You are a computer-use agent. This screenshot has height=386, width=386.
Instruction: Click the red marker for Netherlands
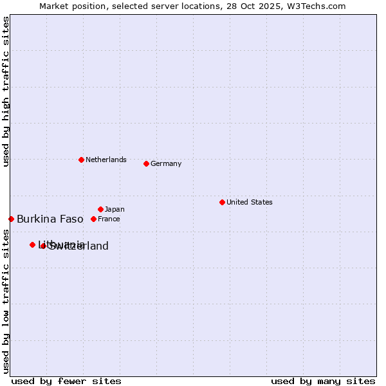tap(81, 160)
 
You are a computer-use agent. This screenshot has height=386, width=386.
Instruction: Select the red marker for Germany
tap(146, 163)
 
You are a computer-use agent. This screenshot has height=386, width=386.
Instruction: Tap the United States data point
tap(222, 202)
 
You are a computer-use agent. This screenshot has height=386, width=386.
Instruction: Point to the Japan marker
tap(100, 209)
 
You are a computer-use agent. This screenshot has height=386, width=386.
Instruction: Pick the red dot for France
tap(93, 219)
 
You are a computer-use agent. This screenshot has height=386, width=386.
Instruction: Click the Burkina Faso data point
tap(11, 219)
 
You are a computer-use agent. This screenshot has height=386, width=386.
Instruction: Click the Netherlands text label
tap(106, 160)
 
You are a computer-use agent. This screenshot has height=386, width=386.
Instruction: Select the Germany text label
tap(166, 163)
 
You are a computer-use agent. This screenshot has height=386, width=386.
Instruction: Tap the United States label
tap(250, 202)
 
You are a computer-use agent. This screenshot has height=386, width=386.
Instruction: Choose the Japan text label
tap(115, 209)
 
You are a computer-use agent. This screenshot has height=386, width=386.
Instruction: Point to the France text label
tap(109, 219)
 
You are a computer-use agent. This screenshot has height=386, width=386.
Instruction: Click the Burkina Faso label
tap(50, 219)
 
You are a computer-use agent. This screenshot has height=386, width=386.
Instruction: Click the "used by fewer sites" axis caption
tap(66, 381)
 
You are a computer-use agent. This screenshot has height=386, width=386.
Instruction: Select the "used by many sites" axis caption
tap(323, 381)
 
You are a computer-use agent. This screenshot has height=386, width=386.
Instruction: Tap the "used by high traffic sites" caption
tap(6, 91)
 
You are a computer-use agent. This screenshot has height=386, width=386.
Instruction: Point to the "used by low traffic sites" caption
tap(6, 301)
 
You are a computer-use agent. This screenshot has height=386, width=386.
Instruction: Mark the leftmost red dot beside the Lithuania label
tap(32, 244)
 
